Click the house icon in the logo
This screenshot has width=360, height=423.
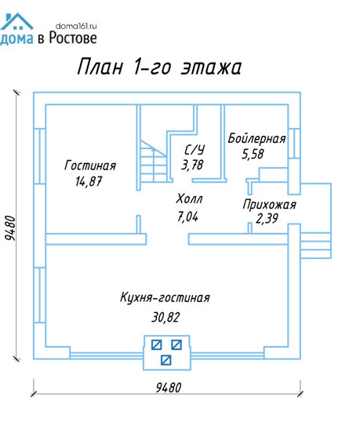(16, 21)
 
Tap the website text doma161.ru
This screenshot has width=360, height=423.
(76, 26)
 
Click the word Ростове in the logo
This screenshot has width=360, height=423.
(73, 38)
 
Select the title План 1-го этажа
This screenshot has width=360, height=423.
(159, 67)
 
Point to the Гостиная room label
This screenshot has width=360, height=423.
(90, 166)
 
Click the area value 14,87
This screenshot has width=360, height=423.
(89, 181)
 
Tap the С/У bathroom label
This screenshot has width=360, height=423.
(195, 149)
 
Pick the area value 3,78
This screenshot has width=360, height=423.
(192, 165)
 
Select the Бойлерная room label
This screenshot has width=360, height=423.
(256, 138)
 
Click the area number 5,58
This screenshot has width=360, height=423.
(253, 154)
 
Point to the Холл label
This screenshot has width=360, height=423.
(189, 199)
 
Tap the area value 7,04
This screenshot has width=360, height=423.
(188, 217)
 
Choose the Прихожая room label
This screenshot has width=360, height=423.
(269, 204)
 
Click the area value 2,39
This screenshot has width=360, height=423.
(267, 218)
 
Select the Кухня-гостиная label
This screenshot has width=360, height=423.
(165, 297)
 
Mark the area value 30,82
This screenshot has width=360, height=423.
(165, 317)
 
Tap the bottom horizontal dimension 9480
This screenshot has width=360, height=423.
(169, 388)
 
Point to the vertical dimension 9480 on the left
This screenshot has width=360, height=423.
(11, 228)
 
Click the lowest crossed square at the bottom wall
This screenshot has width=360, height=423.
(165, 360)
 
